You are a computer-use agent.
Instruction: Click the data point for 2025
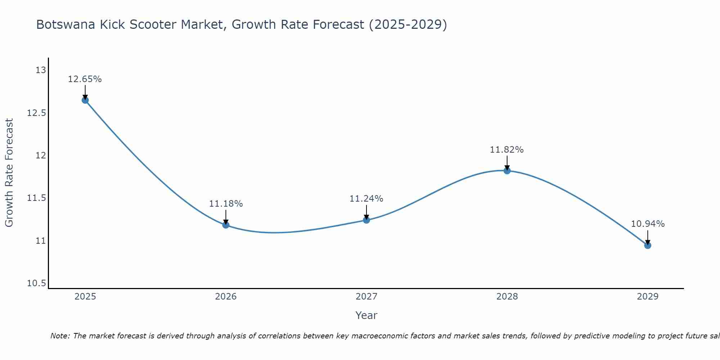pyautogui.click(x=85, y=100)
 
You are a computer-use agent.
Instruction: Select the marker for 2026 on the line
pyautogui.click(x=226, y=225)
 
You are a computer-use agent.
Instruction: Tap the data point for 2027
pyautogui.click(x=366, y=220)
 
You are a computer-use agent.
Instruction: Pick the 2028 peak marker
pyautogui.click(x=507, y=171)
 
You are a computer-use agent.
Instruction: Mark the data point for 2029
pyautogui.click(x=648, y=246)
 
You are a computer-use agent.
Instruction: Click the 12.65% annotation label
pyautogui.click(x=85, y=79)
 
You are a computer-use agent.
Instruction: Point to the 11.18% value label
pyautogui.click(x=226, y=204)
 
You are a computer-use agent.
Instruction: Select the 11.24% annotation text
pyautogui.click(x=366, y=199)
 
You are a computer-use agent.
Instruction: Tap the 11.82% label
pyautogui.click(x=507, y=150)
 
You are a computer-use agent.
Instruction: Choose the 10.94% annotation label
pyautogui.click(x=648, y=224)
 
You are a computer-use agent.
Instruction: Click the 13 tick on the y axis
pyautogui.click(x=41, y=70)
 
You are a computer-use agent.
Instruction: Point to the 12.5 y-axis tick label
pyautogui.click(x=37, y=113)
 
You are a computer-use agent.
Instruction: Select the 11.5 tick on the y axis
pyautogui.click(x=37, y=198)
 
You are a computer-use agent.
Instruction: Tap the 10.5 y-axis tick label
pyautogui.click(x=37, y=284)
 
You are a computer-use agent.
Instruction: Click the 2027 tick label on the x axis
pyautogui.click(x=366, y=297)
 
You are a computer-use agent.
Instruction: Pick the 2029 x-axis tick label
pyautogui.click(x=648, y=297)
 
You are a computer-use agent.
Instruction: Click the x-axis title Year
pyautogui.click(x=366, y=315)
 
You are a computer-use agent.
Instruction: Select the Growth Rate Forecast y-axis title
pyautogui.click(x=9, y=173)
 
